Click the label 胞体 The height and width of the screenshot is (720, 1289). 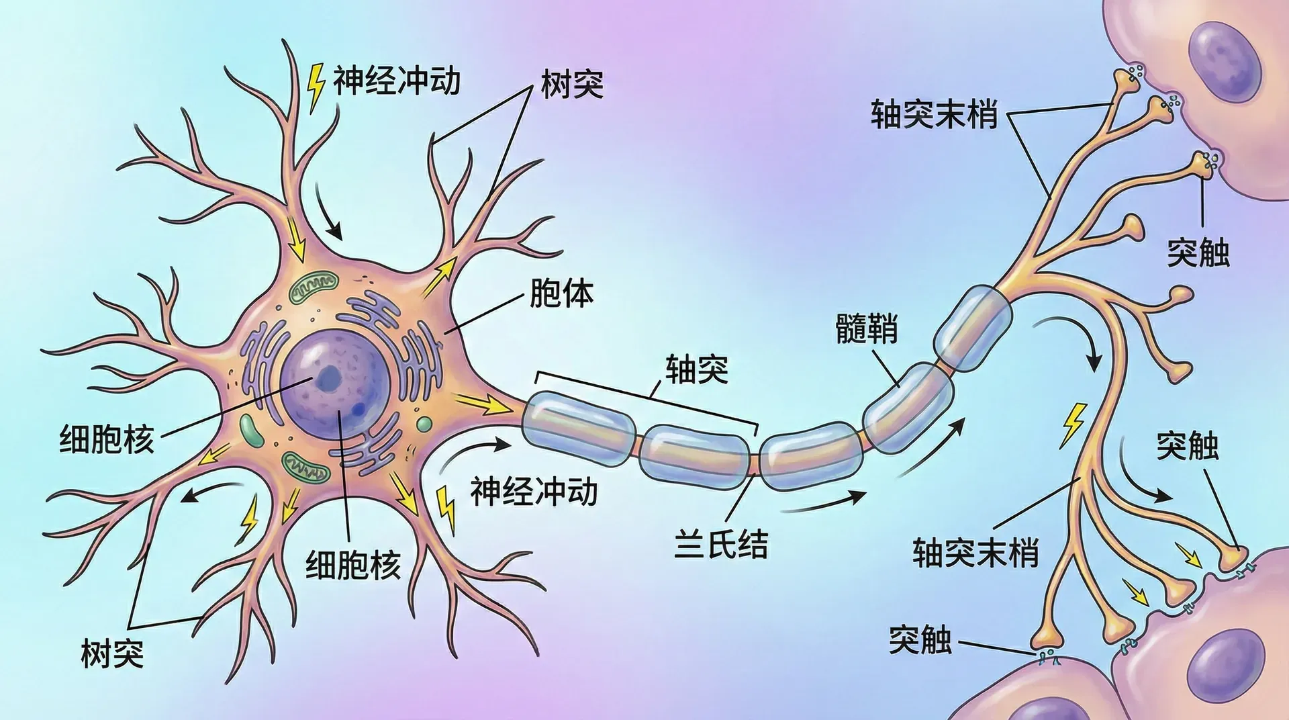[x=561, y=294]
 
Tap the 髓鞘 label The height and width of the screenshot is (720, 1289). [x=866, y=328]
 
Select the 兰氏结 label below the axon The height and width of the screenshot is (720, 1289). [x=720, y=543]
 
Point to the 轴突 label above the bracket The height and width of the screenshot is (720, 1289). [x=696, y=369]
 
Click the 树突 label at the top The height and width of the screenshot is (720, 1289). [x=572, y=85]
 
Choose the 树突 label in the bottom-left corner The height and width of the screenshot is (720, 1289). [x=112, y=654]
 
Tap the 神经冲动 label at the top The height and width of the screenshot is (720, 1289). [x=397, y=81]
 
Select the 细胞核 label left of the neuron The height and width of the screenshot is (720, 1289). [x=107, y=439]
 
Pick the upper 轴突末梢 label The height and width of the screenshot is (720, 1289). [x=934, y=114]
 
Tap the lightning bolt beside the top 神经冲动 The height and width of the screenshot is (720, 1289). [x=315, y=87]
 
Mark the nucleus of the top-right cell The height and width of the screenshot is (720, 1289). [x=1224, y=61]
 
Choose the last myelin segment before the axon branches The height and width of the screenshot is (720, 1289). [x=973, y=328]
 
